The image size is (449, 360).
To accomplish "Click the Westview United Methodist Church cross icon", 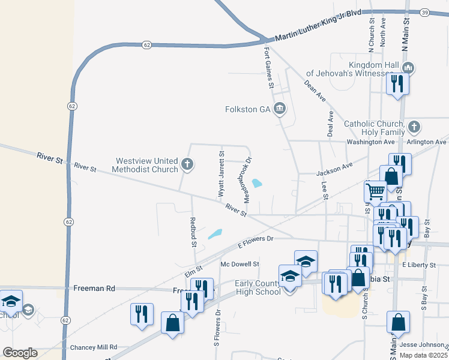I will [x=187, y=163].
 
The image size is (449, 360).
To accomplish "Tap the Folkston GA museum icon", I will [x=280, y=109].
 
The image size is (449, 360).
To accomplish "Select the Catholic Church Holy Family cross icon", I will [x=414, y=127].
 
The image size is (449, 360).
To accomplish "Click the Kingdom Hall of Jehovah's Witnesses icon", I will [x=409, y=68].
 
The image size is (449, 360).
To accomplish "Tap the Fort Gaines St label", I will [x=269, y=67].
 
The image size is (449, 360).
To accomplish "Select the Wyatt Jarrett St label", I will [x=221, y=175].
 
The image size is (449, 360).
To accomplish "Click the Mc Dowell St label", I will [x=240, y=263].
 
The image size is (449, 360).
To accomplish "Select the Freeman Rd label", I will [x=94, y=288].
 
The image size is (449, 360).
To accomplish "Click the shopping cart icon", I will [x=375, y=191].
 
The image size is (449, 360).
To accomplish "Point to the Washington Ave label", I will [x=371, y=142].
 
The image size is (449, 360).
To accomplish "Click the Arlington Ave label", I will [x=427, y=142].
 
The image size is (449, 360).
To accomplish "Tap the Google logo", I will [x=20, y=353].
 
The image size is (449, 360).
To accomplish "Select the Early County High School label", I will [x=258, y=288].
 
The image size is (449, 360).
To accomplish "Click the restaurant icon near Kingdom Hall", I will [x=397, y=83].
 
